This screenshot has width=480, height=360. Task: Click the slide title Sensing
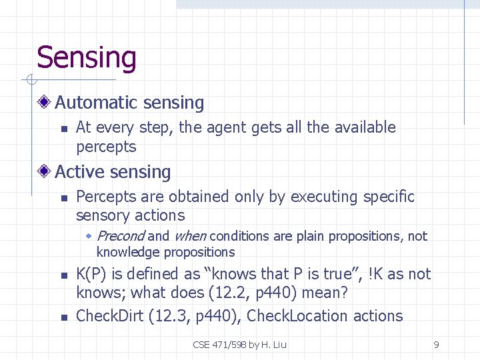pyautogui.click(x=87, y=58)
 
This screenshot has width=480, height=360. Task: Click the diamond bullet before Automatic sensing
pyautogui.click(x=45, y=103)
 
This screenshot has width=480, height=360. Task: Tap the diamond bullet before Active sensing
pyautogui.click(x=45, y=172)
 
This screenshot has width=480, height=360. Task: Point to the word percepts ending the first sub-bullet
pyautogui.click(x=106, y=147)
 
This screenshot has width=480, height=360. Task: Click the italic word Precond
pyautogui.click(x=121, y=236)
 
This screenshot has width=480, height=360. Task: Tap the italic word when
pyautogui.click(x=189, y=236)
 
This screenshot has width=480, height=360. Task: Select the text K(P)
pyautogui.click(x=94, y=274)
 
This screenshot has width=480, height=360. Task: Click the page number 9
pyautogui.click(x=436, y=345)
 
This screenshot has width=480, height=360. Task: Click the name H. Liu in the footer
pyautogui.click(x=274, y=345)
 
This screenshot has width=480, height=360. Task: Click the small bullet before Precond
pyautogui.click(x=90, y=236)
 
